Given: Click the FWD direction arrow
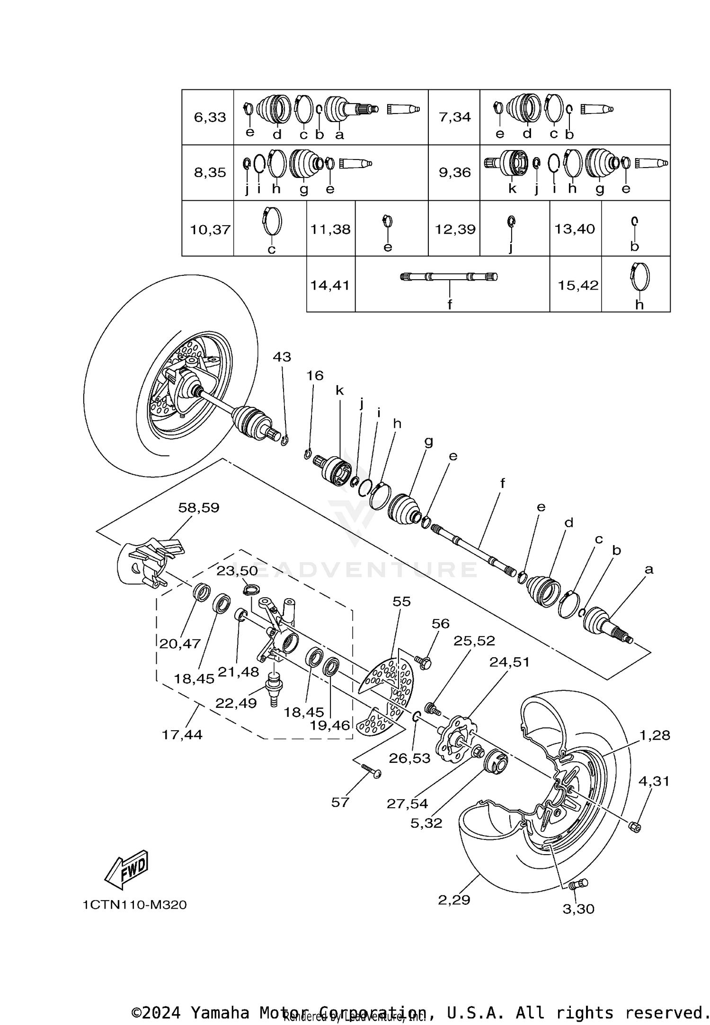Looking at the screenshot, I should (x=126, y=870).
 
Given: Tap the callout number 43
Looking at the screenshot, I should (x=282, y=357).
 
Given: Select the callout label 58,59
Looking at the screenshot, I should (x=199, y=508).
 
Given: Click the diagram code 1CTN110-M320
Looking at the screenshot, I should (x=135, y=905).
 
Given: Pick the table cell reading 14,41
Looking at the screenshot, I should (x=330, y=285).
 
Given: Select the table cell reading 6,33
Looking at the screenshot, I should (x=210, y=117).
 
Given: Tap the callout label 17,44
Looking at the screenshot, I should (x=182, y=735).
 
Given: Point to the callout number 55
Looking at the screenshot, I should (x=401, y=601).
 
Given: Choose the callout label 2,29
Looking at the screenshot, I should (x=454, y=900).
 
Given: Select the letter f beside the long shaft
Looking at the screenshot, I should (x=503, y=483).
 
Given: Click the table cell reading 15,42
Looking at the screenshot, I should (x=578, y=285).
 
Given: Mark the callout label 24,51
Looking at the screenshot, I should (x=509, y=662).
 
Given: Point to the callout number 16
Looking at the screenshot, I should (x=315, y=376).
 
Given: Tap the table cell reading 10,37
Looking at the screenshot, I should (x=210, y=230).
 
